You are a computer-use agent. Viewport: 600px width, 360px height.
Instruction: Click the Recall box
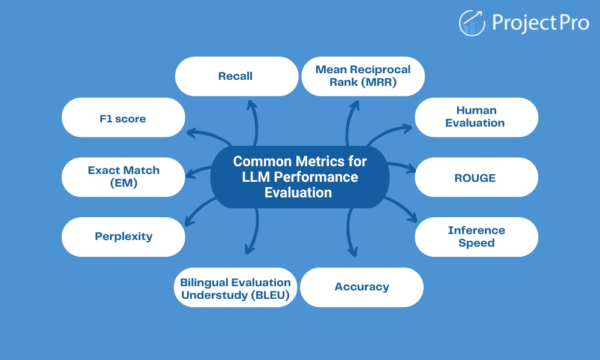pyautogui.click(x=236, y=76)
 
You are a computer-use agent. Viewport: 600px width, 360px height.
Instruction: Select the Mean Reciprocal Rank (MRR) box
pyautogui.click(x=363, y=76)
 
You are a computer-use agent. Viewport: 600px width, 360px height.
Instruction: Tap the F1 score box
pyautogui.click(x=123, y=118)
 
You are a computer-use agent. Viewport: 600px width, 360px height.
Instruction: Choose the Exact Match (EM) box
pyautogui.click(x=123, y=177)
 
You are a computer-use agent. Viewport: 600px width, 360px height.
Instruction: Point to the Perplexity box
pyautogui.click(x=123, y=236)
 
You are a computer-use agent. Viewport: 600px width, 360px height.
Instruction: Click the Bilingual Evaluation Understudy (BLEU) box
pyautogui.click(x=236, y=287)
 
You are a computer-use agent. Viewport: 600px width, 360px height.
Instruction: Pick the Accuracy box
pyautogui.click(x=362, y=287)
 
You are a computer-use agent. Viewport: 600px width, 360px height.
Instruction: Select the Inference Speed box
pyautogui.click(x=476, y=236)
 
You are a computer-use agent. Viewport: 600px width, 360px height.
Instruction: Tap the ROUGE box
pyautogui.click(x=476, y=177)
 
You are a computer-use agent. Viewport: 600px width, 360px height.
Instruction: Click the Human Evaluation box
pyautogui.click(x=476, y=117)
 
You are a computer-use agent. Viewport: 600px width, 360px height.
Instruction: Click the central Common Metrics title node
pyautogui.click(x=300, y=177)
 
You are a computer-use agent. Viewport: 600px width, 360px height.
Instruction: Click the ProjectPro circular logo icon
pyautogui.click(x=472, y=23)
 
